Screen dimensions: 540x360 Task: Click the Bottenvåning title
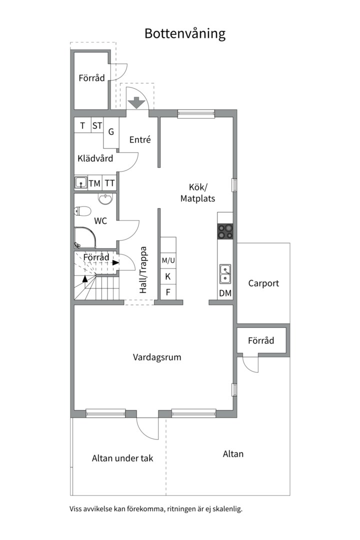pos(185,33)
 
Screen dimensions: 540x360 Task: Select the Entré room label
pos(140,140)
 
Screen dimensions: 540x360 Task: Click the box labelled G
pos(111,132)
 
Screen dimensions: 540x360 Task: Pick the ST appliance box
pos(96,125)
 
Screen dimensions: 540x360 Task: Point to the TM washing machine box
pos(94,183)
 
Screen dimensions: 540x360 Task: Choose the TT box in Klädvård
pos(109,183)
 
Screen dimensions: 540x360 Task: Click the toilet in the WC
pos(82,210)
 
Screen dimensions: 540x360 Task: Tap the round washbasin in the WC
pos(105,200)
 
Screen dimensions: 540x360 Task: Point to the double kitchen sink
pos(225,273)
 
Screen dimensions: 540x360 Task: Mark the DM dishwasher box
pos(225,293)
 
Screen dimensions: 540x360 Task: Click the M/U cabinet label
pos(168,260)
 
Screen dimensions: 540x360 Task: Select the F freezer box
pos(168,292)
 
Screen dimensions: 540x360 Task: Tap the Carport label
pos(263,283)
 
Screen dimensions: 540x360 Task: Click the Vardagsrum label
pos(157,357)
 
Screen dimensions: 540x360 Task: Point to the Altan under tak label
pos(122,458)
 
